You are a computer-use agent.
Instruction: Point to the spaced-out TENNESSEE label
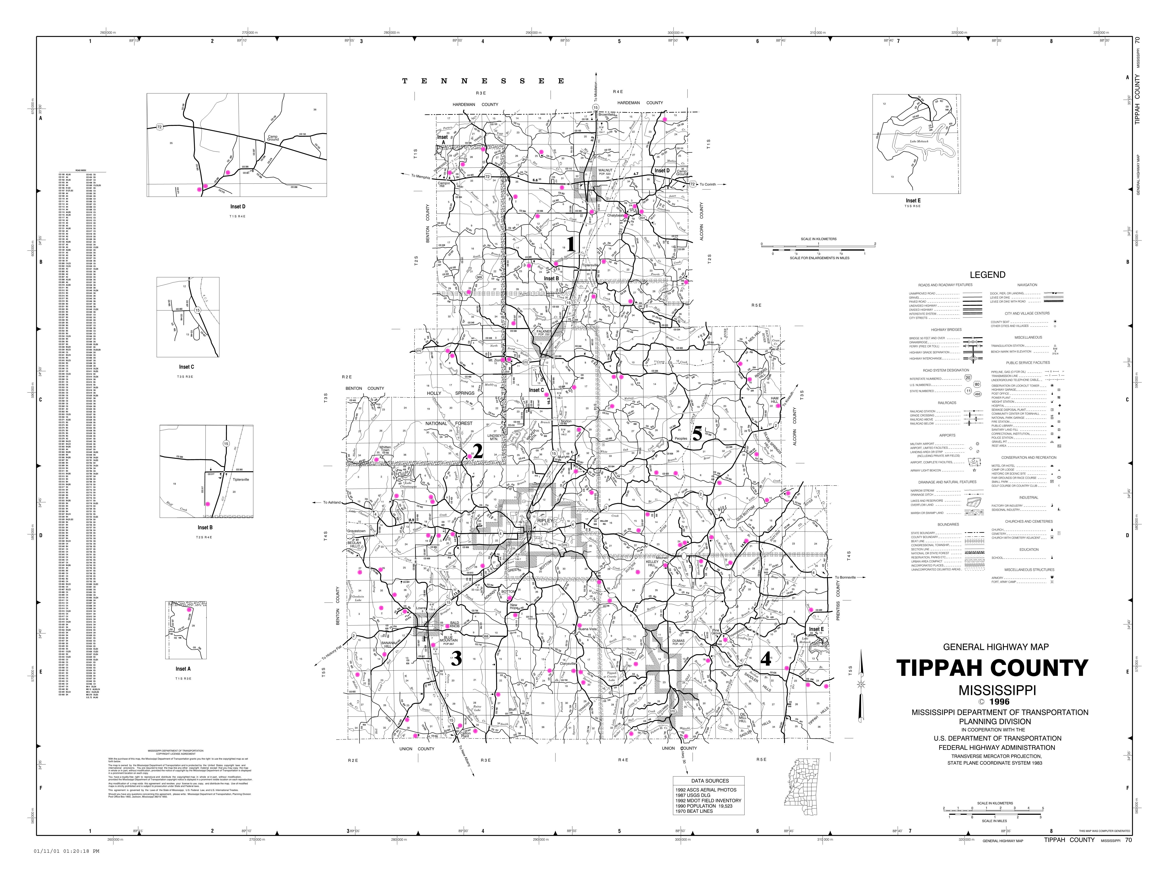click(483, 81)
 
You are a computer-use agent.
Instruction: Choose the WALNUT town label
click(605, 170)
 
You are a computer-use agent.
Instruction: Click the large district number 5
click(697, 434)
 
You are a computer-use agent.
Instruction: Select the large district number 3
click(456, 658)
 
